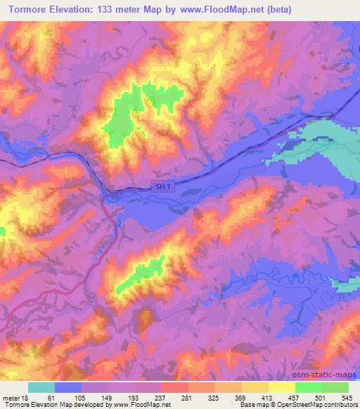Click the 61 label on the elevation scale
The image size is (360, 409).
51,397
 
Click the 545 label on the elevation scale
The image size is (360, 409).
345,397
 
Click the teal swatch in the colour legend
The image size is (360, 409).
41,387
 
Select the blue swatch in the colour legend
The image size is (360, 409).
68,387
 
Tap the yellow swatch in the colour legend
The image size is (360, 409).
282,387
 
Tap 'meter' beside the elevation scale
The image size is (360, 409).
10,397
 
